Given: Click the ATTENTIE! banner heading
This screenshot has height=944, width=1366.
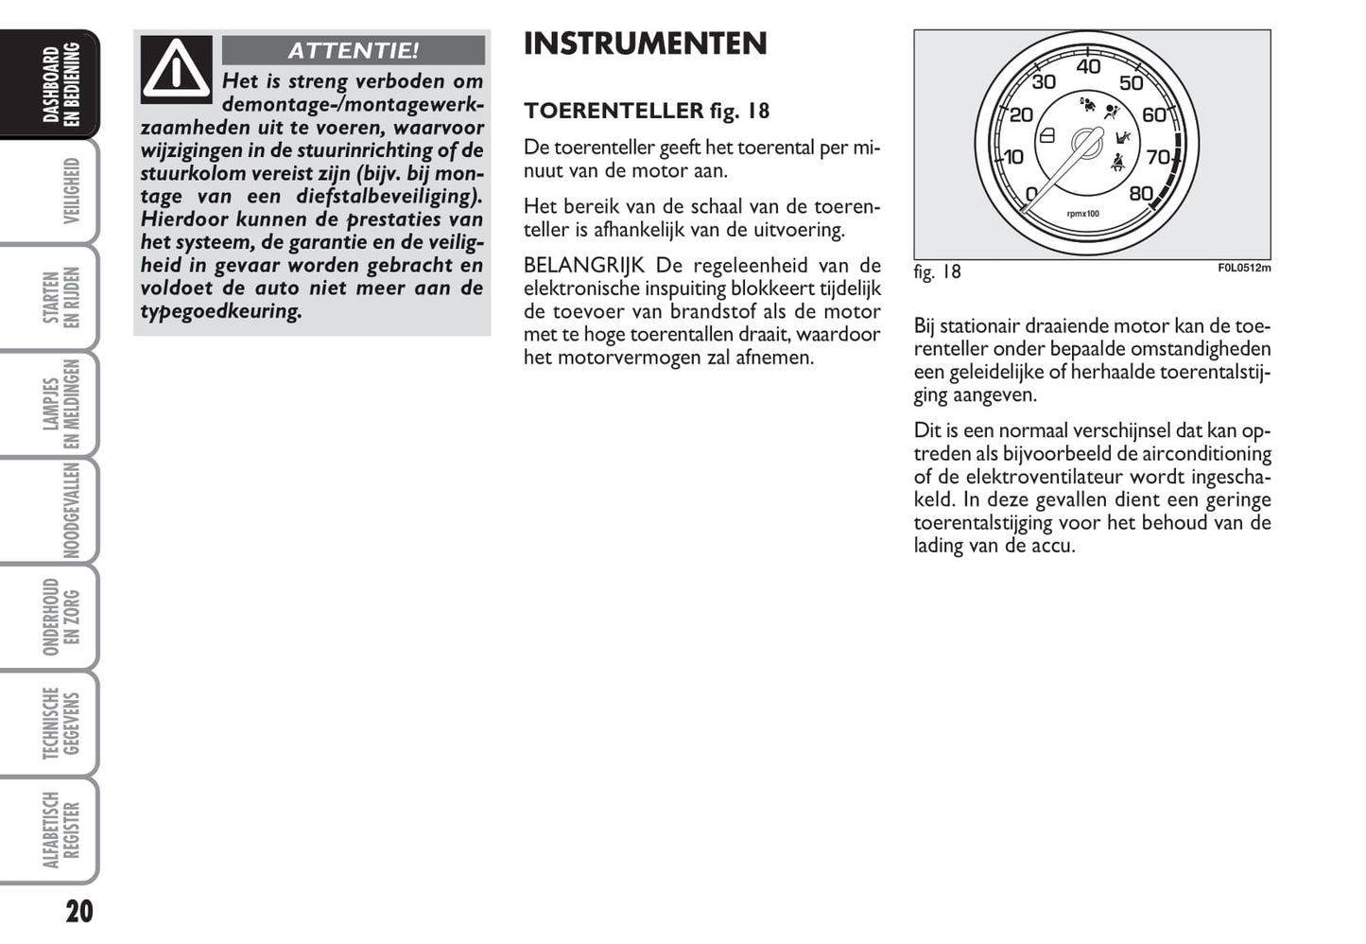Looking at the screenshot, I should tap(353, 50).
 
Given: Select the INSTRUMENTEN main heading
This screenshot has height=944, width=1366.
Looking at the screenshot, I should tap(645, 44).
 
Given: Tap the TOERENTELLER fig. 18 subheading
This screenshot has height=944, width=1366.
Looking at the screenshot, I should tap(647, 111).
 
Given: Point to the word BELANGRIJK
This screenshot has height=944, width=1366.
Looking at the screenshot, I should tap(583, 266).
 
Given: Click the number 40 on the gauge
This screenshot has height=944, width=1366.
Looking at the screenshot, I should tap(1088, 67).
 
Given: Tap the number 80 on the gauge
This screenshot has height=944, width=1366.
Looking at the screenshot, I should tap(1141, 194).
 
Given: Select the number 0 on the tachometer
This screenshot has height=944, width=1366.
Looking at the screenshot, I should tap(1031, 195).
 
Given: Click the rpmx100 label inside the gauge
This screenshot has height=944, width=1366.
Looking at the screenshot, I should tap(1082, 214).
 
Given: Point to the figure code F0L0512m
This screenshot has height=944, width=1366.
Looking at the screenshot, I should tap(1244, 268).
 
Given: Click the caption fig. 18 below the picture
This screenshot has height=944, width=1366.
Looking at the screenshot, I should tap(937, 272).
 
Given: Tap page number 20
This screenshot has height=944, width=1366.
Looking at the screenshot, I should tap(79, 912).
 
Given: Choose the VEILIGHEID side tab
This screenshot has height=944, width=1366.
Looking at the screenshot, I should tap(70, 191).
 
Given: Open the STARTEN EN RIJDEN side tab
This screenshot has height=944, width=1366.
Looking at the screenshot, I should tap(62, 297).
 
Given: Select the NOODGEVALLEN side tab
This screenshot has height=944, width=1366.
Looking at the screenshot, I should tap(70, 511).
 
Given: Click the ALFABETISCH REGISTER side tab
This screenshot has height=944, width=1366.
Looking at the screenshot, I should tap(62, 830).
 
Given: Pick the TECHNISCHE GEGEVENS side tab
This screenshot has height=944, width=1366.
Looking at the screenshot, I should tap(62, 724).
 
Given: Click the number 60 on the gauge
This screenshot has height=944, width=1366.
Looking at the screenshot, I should tap(1154, 115).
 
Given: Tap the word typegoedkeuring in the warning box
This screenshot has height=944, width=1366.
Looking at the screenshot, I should tap(221, 311).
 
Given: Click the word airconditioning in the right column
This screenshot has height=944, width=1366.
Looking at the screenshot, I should tap(1206, 454).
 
